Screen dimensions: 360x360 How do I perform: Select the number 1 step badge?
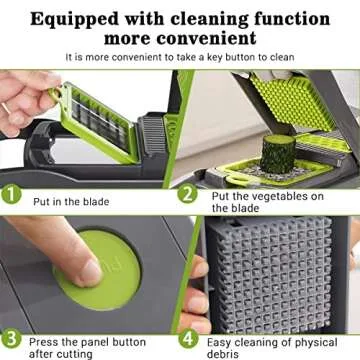coord(12,196)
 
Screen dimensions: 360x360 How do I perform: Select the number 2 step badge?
coord(188,196)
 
